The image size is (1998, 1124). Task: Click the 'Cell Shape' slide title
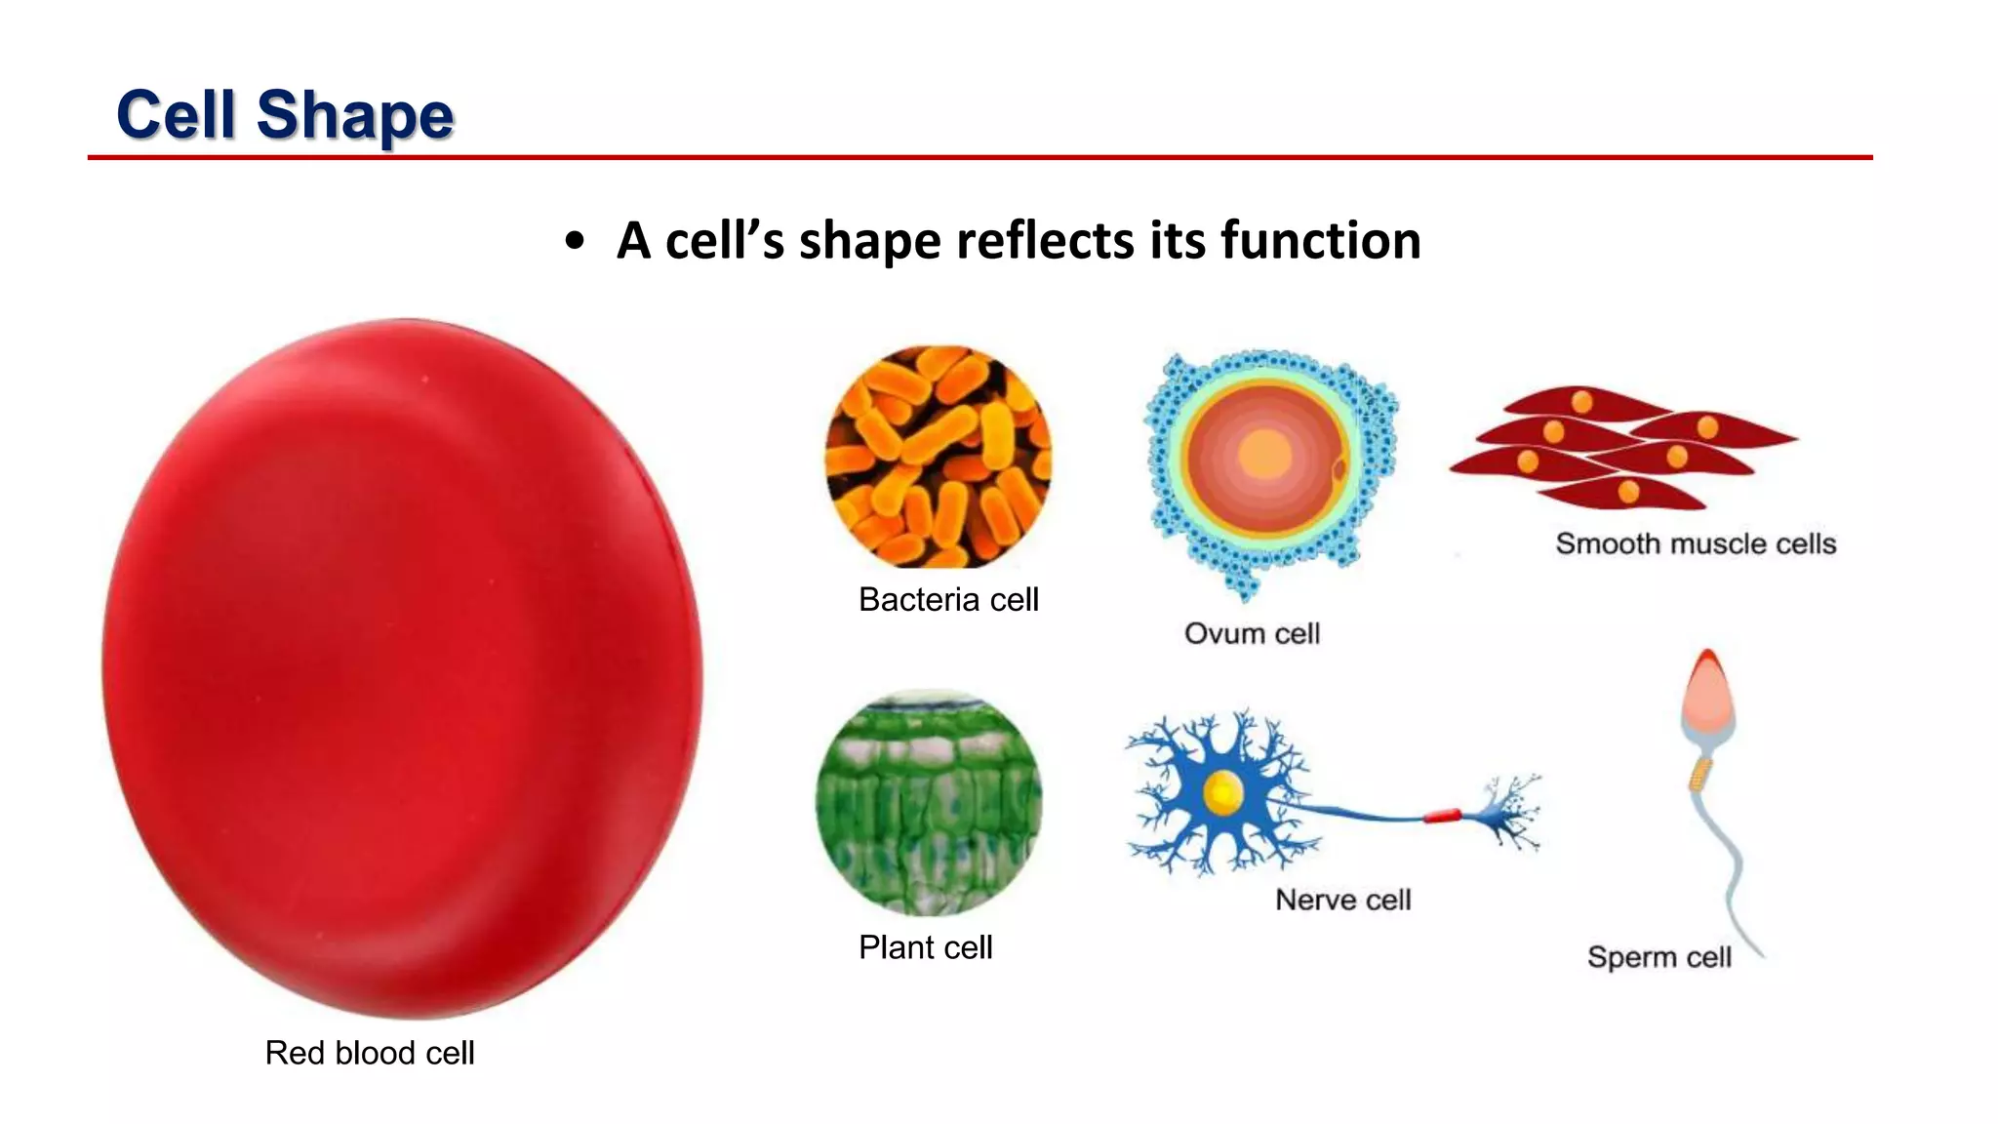tap(285, 115)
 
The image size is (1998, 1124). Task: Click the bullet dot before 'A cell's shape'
tap(575, 241)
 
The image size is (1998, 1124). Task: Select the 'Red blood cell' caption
tap(370, 1053)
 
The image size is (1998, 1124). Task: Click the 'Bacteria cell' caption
tap(948, 599)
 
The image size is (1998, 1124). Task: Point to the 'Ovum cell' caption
tap(1252, 633)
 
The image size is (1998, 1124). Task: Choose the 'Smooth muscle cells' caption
tap(1696, 543)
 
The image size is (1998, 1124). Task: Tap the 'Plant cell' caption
tap(925, 947)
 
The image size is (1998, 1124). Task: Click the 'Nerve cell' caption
tap(1342, 900)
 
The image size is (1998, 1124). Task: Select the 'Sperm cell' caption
tap(1658, 957)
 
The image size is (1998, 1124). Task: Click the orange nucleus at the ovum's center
tap(1265, 455)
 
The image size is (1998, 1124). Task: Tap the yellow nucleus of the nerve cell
tap(1221, 793)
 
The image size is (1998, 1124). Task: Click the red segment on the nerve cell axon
tap(1442, 816)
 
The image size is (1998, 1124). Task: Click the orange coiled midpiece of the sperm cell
tap(1700, 774)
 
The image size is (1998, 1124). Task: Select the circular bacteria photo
tap(939, 457)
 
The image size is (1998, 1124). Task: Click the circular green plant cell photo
tap(929, 803)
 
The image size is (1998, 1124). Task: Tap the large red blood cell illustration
tap(402, 668)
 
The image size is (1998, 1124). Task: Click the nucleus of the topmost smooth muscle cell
tap(1581, 402)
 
